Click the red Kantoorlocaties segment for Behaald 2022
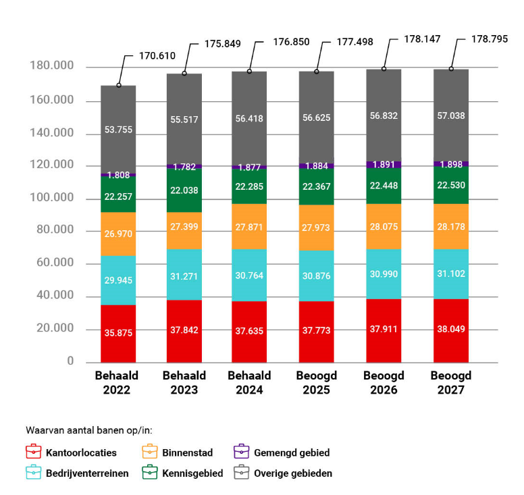pos(118,334)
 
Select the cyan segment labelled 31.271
pos(184,274)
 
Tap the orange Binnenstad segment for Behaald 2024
pos(249,226)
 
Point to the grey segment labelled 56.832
pos(384,115)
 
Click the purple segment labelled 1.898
pos(451,163)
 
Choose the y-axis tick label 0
pos(70,361)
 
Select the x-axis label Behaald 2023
pos(184,382)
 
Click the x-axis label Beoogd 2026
pos(384,382)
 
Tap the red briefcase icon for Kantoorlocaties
pos(34,452)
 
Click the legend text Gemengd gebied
pos(292,452)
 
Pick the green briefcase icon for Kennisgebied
pos(151,473)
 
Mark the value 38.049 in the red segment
pos(451,329)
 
